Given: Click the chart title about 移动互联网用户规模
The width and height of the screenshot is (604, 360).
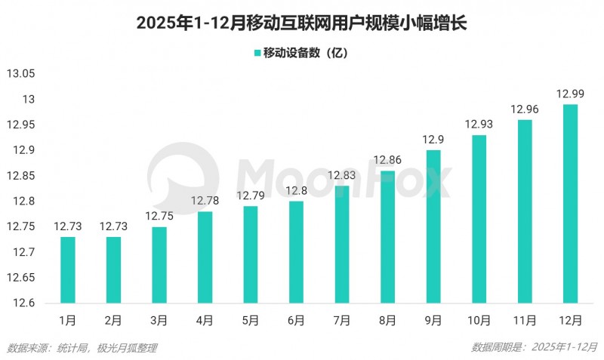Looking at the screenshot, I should [x=302, y=23].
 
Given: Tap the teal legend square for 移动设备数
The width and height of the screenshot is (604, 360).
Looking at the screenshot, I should [x=256, y=53].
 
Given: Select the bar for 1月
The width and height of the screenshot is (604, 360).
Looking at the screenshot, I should [x=68, y=269].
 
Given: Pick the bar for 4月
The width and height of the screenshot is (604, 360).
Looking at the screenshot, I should [x=205, y=257].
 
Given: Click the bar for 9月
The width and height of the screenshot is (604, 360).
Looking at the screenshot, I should [x=433, y=226].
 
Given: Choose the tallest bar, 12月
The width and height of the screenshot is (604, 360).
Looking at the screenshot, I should [x=571, y=203].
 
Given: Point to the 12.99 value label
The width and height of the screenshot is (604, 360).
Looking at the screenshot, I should [x=571, y=94].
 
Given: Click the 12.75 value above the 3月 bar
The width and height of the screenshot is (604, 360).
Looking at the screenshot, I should [x=159, y=216].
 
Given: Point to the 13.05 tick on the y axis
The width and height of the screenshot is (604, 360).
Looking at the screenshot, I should [x=21, y=74].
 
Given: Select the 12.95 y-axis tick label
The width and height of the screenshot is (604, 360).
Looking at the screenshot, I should [x=21, y=125].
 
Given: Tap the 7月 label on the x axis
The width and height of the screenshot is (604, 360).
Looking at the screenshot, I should [x=342, y=321].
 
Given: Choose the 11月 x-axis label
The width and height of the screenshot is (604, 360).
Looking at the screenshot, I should [x=525, y=321].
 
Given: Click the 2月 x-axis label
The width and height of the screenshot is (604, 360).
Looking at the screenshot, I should [x=113, y=321].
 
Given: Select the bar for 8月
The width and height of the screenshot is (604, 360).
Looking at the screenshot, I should [x=388, y=236].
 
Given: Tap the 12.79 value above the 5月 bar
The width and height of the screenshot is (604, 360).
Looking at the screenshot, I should [x=251, y=195].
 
